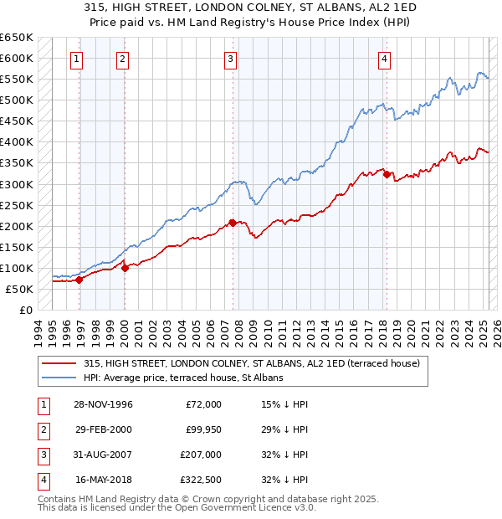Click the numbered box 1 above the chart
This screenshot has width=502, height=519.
pos(76,59)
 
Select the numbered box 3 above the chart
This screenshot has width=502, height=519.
pos(230,59)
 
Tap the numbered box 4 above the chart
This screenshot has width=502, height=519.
pos(383,59)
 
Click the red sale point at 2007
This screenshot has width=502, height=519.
pos(233,223)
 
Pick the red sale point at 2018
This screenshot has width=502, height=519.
pos(387,174)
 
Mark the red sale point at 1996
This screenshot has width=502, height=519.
pos(79,280)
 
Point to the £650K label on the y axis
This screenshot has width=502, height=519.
pos(17,38)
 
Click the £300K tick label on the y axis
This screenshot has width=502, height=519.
pos(17,184)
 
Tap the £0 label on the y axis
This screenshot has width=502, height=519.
pos(25,310)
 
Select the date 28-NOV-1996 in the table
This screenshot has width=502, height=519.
pos(104,404)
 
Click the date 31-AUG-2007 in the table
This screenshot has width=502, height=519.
pos(104,455)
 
